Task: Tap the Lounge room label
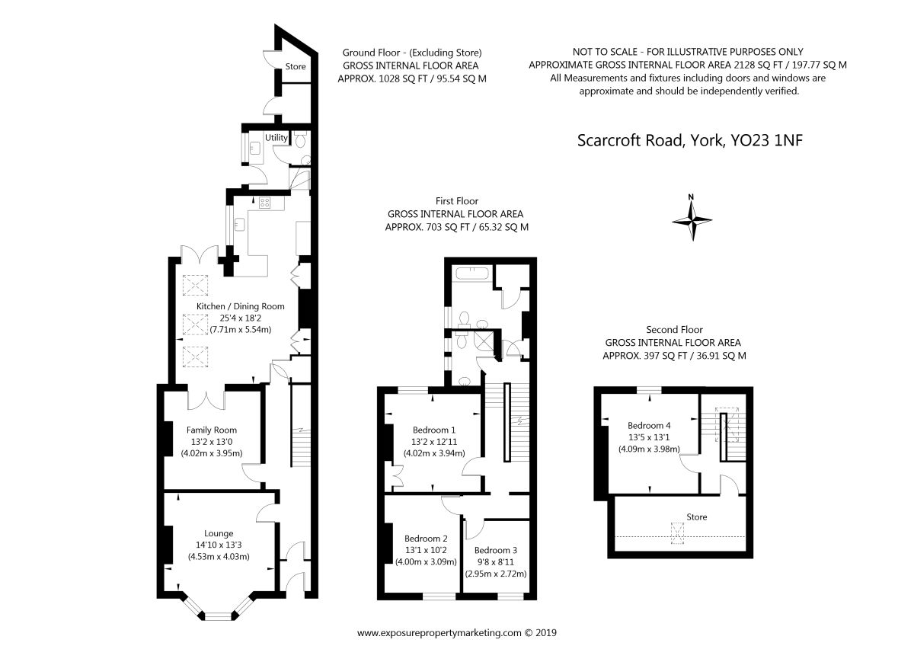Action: pos(219,533)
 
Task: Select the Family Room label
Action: pos(212,430)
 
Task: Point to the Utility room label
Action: pos(276,138)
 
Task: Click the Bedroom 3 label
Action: pos(496,550)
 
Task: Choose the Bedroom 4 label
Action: pos(649,426)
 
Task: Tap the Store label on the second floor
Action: pos(696,517)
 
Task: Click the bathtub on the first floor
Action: pos(471,273)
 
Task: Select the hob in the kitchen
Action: pos(264,203)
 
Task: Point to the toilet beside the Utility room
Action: pos(300,139)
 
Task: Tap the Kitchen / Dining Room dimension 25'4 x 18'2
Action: pos(241,318)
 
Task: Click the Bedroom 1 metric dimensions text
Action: pos(434,453)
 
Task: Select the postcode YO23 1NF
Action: pos(766,140)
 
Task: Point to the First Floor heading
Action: pos(456,201)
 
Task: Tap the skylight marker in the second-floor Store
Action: pos(677,533)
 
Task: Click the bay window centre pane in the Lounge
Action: pos(219,616)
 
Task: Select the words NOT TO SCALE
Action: pos(605,52)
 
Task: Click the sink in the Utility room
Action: pos(255,148)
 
